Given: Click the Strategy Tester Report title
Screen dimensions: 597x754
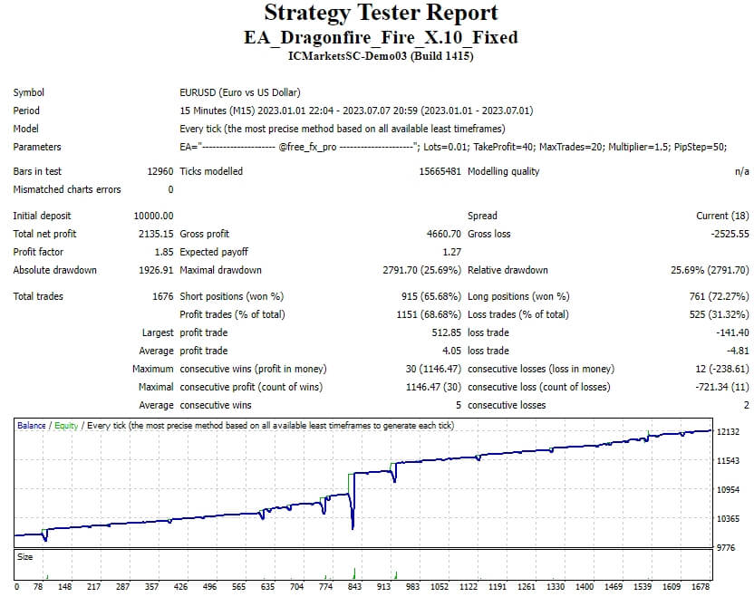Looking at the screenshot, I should [381, 14].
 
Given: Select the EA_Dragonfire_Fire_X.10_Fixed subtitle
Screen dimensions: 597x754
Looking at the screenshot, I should [381, 38].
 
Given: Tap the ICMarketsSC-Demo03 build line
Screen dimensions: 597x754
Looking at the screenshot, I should [381, 56].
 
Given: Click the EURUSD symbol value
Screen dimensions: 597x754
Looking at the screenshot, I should [240, 92].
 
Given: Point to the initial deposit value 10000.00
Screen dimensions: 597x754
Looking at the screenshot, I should [153, 216].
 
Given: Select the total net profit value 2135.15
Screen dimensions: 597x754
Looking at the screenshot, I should [155, 234].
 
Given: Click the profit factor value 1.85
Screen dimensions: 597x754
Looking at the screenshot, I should [163, 252].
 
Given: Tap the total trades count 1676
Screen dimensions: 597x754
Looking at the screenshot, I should [162, 296].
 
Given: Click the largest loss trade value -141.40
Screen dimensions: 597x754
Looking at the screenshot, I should [732, 332].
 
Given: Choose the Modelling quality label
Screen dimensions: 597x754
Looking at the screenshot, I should [503, 171].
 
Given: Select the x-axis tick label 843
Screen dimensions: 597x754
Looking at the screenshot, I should [354, 586].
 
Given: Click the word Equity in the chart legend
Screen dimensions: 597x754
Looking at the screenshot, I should [65, 425].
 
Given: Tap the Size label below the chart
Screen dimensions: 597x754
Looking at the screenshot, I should [25, 557].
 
